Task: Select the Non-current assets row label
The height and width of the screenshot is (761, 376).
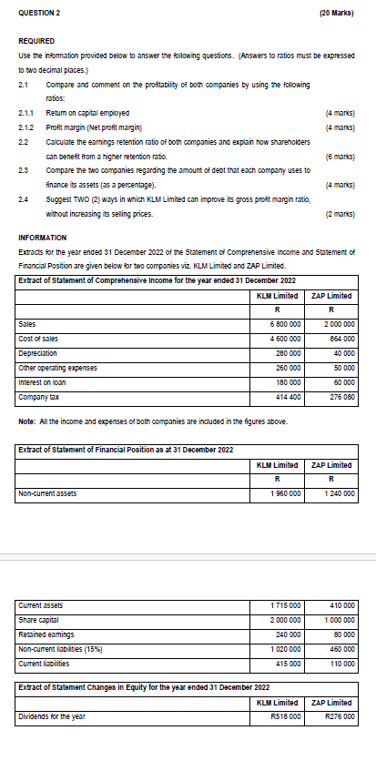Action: [48, 494]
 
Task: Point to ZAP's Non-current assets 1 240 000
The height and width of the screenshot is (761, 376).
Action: [339, 494]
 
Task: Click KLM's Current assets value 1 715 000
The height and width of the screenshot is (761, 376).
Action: [287, 605]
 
